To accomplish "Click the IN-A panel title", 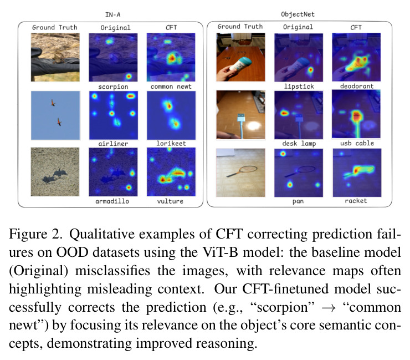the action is click(112, 14).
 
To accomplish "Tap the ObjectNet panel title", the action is click(298, 14).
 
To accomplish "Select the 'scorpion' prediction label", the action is click(113, 87).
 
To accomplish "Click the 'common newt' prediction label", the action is click(171, 87).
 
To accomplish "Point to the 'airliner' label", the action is click(113, 144).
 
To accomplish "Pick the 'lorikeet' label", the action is click(171, 144).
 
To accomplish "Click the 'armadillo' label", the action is click(112, 201).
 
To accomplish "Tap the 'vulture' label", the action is click(170, 201).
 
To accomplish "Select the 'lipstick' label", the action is click(299, 87).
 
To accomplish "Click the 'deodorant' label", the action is click(357, 86).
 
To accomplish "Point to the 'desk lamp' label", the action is click(299, 144).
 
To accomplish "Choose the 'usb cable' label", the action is click(357, 143).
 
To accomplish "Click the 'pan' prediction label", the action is click(298, 201).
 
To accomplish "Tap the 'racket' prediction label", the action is click(356, 201).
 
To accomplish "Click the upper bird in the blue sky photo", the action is click(53, 103).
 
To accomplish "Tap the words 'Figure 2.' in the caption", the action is click(35, 234).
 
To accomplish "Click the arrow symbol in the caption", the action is click(329, 308).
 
